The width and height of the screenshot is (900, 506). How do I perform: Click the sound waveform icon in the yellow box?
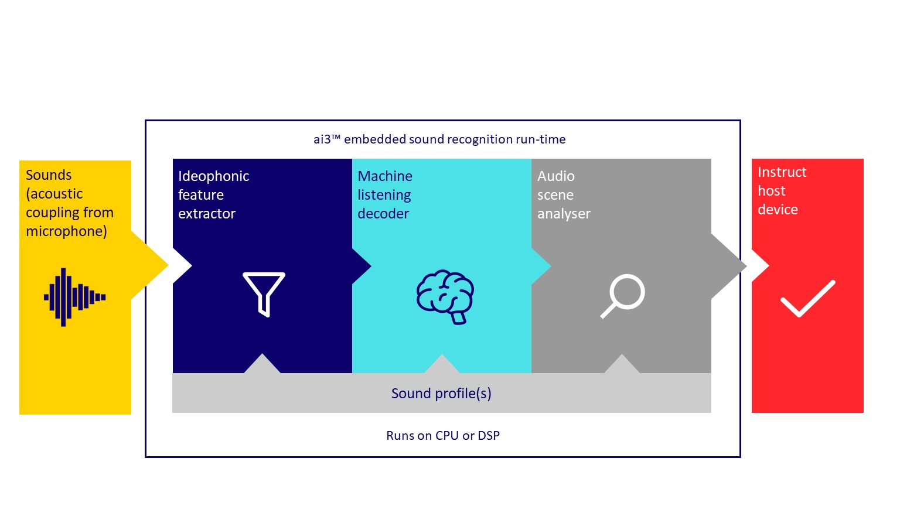point(75,297)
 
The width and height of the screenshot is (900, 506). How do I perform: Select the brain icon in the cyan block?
point(445,296)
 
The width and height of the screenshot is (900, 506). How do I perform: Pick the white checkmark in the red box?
point(808,299)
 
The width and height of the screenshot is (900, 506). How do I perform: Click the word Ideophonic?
point(213,176)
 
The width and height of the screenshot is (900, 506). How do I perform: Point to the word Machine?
point(385,176)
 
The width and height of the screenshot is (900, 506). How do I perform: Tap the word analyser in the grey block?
point(564,214)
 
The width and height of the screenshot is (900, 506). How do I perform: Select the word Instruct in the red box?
point(782,172)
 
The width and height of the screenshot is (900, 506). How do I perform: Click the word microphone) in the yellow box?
point(66,231)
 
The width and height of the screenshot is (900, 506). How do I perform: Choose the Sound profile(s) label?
point(441,393)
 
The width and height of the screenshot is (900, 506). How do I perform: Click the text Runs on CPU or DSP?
point(443,435)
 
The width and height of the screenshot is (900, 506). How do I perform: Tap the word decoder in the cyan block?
point(383,214)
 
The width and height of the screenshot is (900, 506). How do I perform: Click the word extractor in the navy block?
point(206,214)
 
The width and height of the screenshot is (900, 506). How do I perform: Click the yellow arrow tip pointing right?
point(168,265)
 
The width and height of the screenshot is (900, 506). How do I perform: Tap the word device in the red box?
point(778,210)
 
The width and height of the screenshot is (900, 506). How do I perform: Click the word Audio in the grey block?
point(555,176)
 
